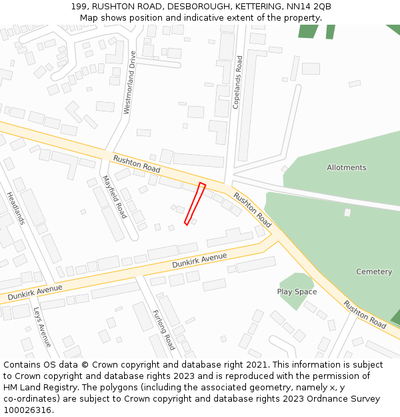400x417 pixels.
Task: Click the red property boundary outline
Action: [195, 203]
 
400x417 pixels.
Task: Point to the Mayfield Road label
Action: [115, 197]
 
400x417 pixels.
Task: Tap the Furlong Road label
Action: [163, 330]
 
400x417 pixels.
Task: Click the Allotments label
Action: [346, 167]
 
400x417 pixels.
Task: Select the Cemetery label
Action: [374, 272]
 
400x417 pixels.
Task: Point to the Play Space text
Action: [297, 292]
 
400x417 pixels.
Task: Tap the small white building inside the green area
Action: [347, 212]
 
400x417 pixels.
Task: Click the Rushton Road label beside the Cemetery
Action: [365, 314]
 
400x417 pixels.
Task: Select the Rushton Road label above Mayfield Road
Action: [137, 163]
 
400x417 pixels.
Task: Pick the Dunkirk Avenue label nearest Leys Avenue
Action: [35, 292]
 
